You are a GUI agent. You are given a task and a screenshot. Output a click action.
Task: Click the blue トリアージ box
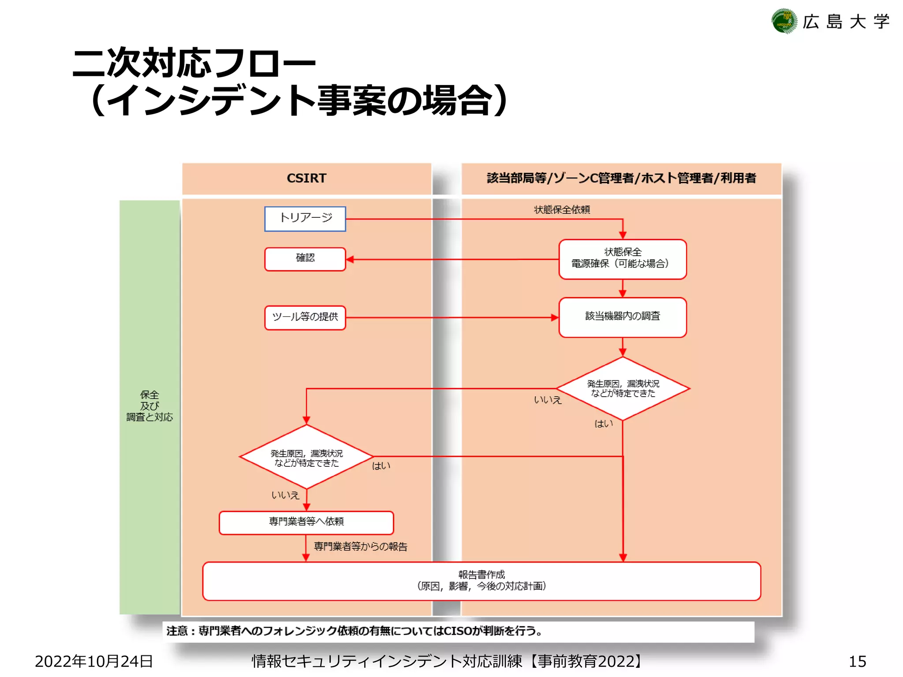pos(305,219)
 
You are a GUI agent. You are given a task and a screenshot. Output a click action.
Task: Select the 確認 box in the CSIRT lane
pos(305,259)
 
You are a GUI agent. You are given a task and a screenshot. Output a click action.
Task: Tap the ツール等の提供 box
pos(305,317)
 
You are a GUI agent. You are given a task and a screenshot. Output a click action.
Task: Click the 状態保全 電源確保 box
pos(622,259)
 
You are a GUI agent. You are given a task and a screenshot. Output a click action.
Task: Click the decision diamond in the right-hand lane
pos(623,388)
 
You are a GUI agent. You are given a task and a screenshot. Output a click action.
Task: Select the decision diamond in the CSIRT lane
pos(306,457)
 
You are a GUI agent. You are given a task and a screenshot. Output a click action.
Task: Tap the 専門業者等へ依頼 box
pos(306,522)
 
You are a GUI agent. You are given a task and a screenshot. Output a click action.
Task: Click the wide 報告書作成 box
pos(481,580)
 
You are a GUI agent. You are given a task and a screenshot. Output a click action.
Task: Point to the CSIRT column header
pos(306,178)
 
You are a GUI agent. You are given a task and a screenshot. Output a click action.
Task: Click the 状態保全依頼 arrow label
pos(562,210)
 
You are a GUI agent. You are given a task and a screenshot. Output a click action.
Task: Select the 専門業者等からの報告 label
pos(361,547)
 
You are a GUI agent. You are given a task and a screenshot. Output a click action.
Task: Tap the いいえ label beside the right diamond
pos(548,400)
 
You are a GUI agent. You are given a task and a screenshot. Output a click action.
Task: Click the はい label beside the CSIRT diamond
pos(381,466)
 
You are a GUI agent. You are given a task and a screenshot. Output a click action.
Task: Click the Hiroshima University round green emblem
pos(784,21)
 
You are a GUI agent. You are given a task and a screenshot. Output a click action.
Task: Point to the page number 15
pos(857,661)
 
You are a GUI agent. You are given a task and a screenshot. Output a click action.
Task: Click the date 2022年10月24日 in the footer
pos(94,661)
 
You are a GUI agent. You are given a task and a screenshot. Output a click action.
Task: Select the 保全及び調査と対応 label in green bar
pos(149,406)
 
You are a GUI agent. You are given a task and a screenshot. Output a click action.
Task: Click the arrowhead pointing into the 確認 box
pos(350,260)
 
